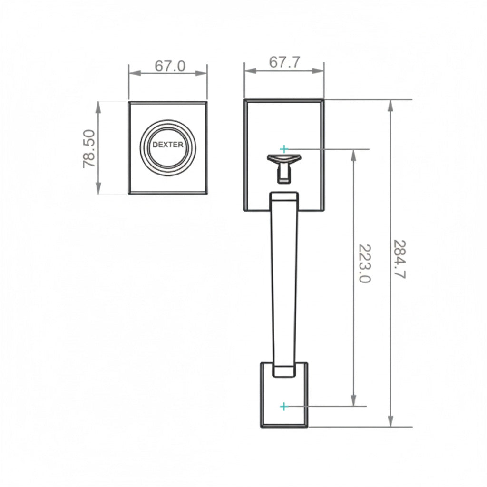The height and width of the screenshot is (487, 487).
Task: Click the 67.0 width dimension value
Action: click(170, 66)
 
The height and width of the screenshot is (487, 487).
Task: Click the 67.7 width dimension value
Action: click(284, 62)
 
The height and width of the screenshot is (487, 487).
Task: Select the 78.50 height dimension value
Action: click(90, 148)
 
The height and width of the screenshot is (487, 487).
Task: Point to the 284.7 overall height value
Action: click(399, 259)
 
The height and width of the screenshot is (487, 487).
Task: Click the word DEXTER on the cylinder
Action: click(167, 145)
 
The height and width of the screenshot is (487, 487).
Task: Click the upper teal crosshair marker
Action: click(284, 149)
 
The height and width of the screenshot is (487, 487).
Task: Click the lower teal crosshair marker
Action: click(284, 406)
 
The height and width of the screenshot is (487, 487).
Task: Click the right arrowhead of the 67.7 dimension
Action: click(320, 70)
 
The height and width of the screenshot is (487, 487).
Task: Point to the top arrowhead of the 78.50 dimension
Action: click(98, 106)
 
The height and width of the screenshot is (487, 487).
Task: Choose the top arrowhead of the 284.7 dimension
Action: click(390, 105)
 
